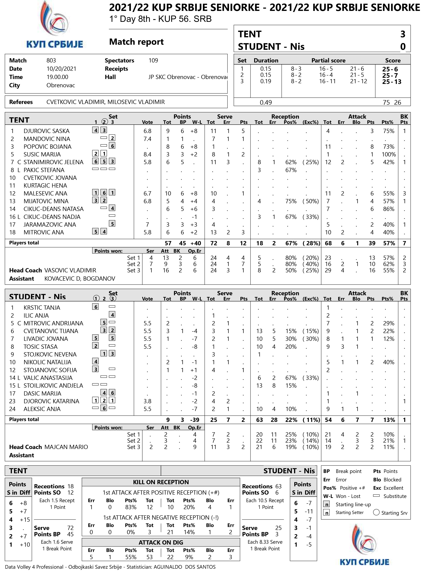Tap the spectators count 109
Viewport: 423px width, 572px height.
click(153, 61)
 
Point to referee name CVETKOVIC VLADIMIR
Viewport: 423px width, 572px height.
click(75, 102)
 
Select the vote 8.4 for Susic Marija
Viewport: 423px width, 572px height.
click(147, 154)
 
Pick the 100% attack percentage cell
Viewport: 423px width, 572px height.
click(388, 154)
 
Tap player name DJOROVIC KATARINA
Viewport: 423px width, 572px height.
click(51, 401)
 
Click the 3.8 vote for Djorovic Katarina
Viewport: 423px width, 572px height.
click(147, 401)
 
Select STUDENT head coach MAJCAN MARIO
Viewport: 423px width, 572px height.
click(66, 447)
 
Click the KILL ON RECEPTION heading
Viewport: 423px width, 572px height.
click(161, 482)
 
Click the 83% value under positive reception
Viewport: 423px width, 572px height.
click(131, 507)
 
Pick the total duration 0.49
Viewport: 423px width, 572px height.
click(266, 103)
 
